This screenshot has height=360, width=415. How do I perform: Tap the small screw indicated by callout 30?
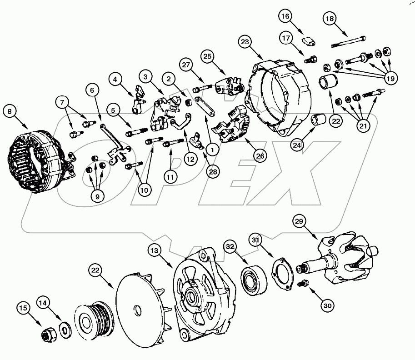(302, 284)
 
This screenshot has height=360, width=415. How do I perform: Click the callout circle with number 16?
(286, 17)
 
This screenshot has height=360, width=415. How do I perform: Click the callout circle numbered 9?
(96, 196)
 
